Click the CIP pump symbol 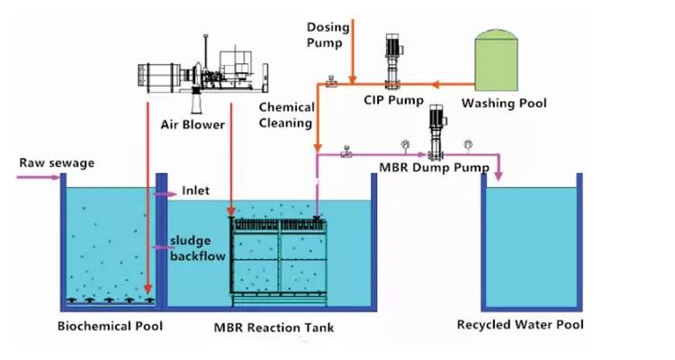click(x=393, y=59)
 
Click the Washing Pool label click(x=504, y=103)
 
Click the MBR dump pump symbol click(x=438, y=130)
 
